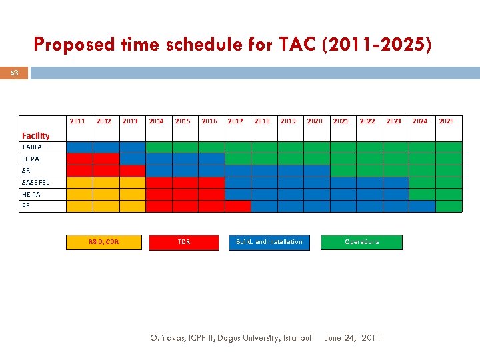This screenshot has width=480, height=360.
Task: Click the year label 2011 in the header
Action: click(77, 121)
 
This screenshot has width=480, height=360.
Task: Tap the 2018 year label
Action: click(262, 121)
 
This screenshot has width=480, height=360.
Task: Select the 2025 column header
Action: click(446, 121)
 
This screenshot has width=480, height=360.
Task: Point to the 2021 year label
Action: click(341, 121)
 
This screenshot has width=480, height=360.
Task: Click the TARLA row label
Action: click(31, 147)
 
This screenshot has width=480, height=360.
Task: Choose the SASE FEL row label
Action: click(35, 182)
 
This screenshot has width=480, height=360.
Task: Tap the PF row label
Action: click(26, 206)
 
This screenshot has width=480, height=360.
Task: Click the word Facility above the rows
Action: click(35, 135)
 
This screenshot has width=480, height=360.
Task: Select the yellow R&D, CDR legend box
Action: click(103, 242)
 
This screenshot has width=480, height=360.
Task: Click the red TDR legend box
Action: click(184, 242)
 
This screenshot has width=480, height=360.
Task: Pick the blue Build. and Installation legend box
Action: click(269, 242)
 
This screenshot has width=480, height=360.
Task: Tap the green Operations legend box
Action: click(361, 242)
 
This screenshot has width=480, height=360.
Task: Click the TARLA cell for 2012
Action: click(105, 147)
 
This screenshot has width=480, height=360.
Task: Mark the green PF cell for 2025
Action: click(448, 206)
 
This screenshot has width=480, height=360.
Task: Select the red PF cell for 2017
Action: click(237, 206)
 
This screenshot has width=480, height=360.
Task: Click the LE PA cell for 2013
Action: click(132, 159)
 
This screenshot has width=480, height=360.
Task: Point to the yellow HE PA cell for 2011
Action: click(79, 194)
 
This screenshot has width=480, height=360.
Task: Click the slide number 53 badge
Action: click(14, 73)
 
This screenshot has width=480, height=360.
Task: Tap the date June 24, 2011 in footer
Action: click(353, 338)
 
